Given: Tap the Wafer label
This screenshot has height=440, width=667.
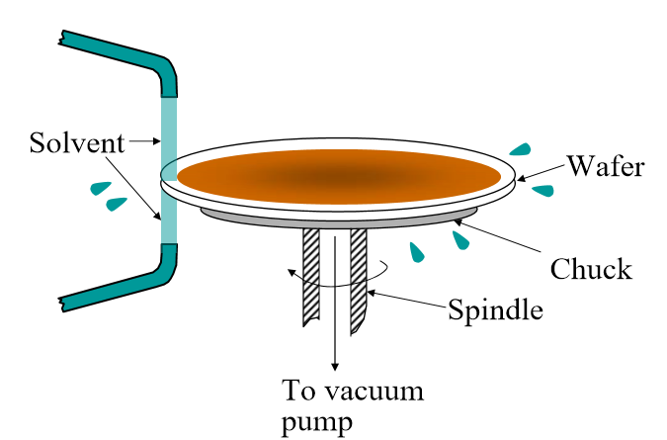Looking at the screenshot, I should pos(605,165).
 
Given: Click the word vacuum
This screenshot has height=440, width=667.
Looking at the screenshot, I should pos(380,391).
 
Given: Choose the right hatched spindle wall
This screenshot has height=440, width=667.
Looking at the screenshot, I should pos(359,277).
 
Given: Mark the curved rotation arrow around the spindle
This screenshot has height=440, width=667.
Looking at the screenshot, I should pos(296,280).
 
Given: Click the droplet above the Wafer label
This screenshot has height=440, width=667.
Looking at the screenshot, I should pos(521,149).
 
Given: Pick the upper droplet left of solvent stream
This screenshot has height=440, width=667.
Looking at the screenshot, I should pos(99,187).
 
